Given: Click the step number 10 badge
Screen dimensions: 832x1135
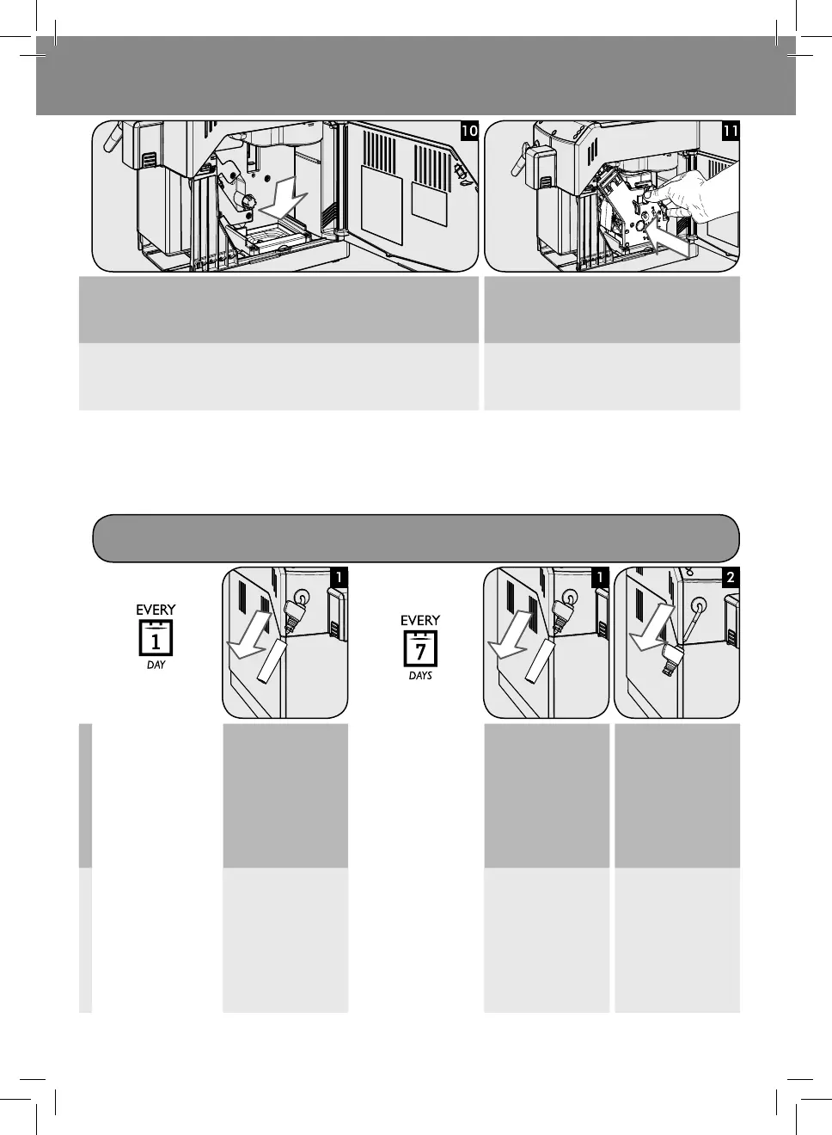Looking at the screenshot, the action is pos(468,131).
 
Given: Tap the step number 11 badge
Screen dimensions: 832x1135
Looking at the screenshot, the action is pos(731,131).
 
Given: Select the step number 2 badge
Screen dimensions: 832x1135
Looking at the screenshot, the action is pos(730,577).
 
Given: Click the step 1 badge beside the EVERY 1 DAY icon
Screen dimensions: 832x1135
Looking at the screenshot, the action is pos(339,577).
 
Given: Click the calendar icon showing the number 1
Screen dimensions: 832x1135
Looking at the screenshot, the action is pos(156,639).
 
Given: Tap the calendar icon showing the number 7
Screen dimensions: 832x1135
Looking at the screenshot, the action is pos(420,649).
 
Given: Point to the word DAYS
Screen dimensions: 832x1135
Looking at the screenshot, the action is pos(420,676).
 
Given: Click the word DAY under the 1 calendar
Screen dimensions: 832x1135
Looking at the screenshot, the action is pos(156,666).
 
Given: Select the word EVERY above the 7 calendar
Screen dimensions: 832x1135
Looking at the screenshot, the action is pos(420,620).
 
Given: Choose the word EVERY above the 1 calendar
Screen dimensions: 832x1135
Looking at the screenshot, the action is pos(156,610).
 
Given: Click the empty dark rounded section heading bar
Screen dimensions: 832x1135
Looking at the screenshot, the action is pos(416,537).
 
